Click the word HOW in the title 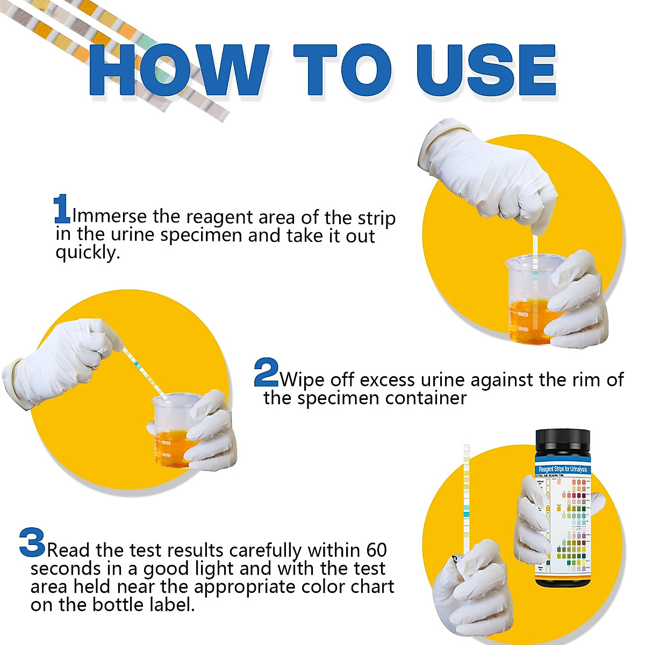pyautogui.click(x=177, y=71)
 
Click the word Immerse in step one pyautogui.click(x=109, y=216)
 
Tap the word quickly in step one pyautogui.click(x=87, y=253)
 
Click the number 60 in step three pyautogui.click(x=376, y=550)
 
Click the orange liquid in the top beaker pyautogui.click(x=529, y=320)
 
